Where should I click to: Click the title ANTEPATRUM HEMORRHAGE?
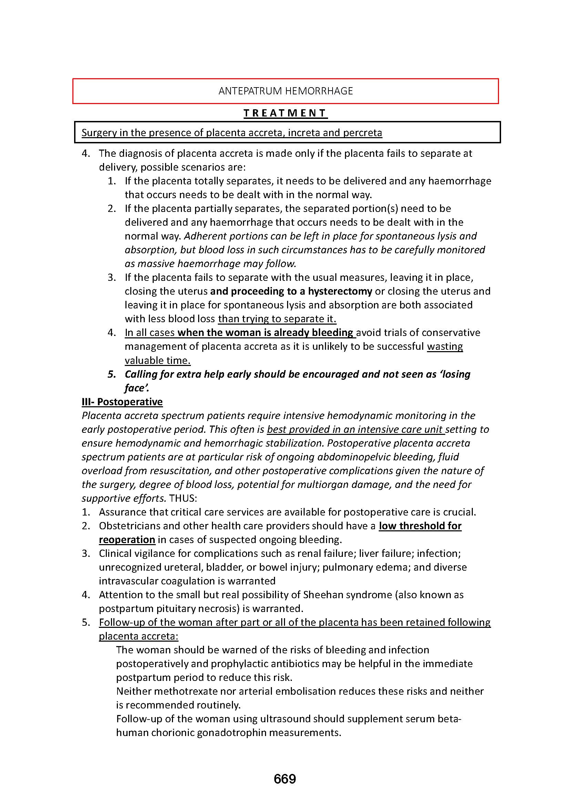(x=285, y=91)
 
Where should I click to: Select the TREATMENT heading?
(x=285, y=113)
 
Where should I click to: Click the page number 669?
(x=285, y=779)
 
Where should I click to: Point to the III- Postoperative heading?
(x=122, y=401)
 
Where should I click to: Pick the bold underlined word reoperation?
(x=127, y=540)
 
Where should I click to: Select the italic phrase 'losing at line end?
(x=455, y=374)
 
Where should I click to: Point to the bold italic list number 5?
(x=112, y=374)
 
